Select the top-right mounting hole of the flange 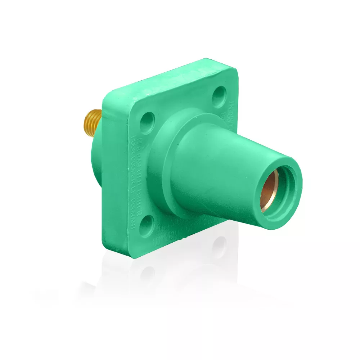219,95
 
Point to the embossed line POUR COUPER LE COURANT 132,184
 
